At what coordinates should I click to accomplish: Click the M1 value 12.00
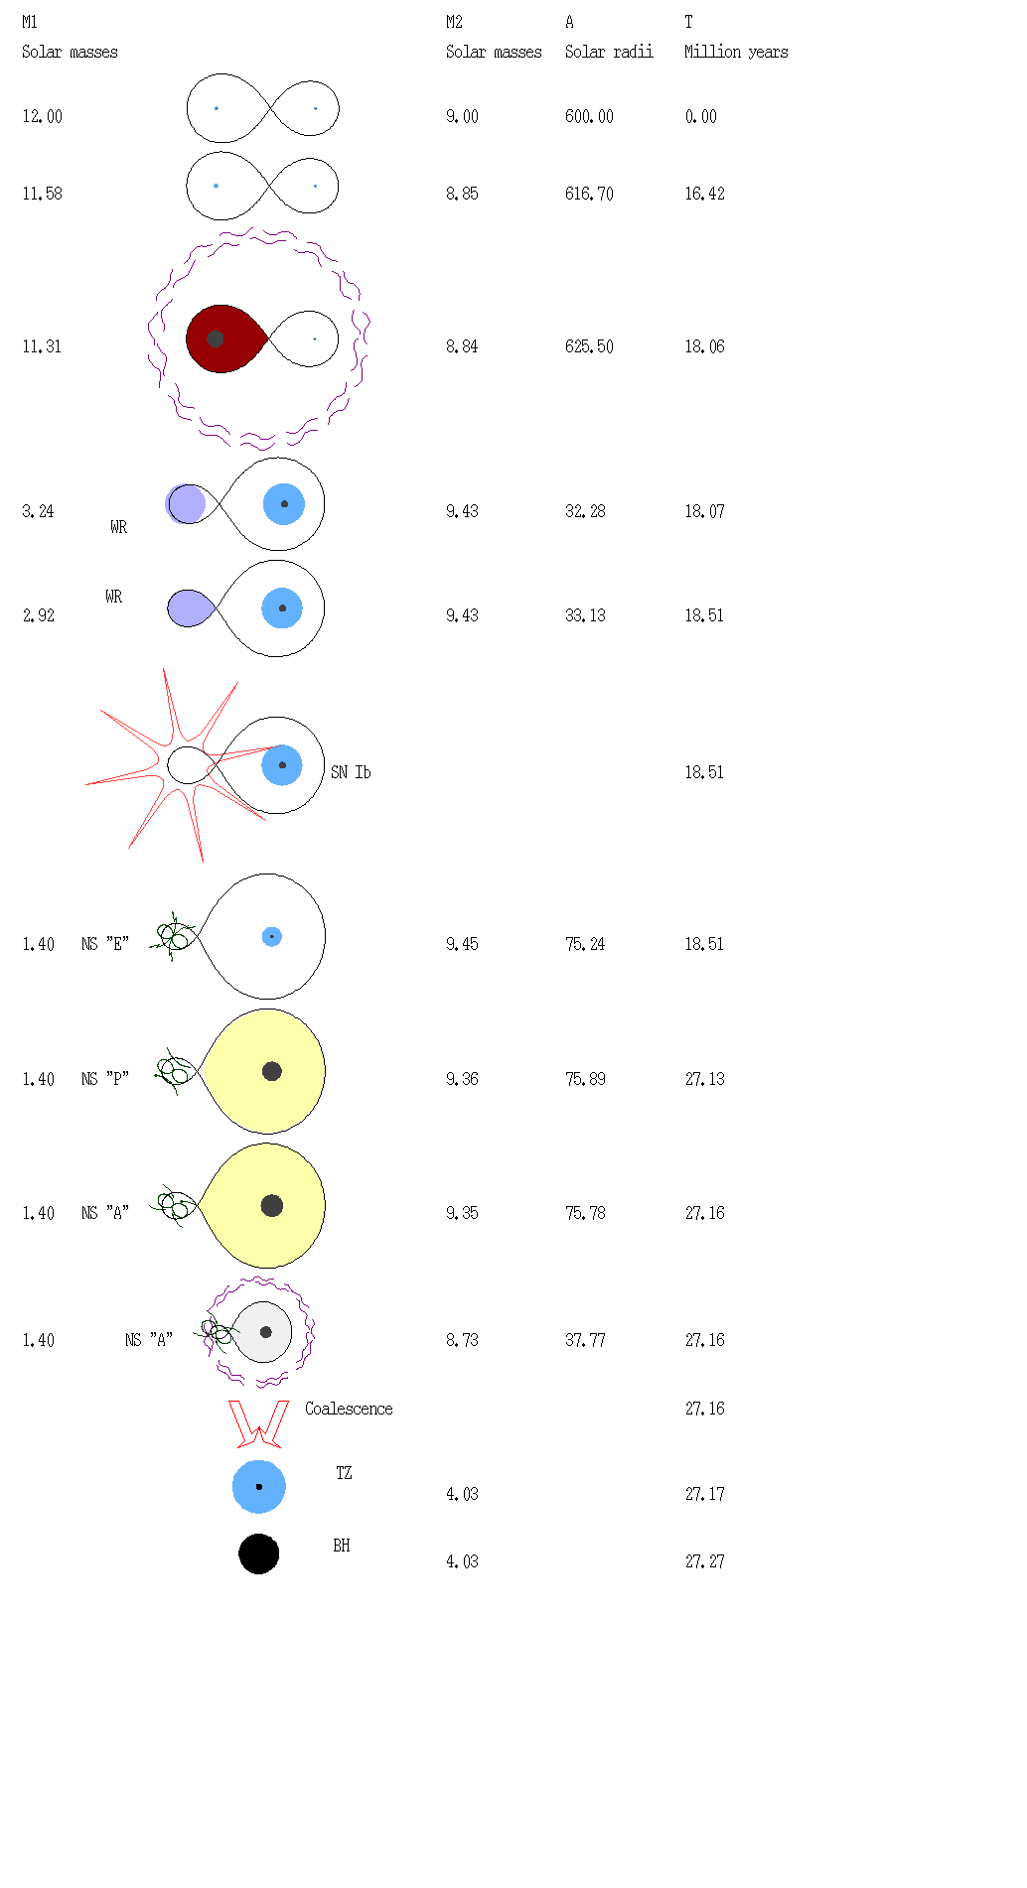[42, 117]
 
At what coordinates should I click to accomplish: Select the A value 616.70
[589, 195]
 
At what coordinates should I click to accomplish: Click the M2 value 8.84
[462, 347]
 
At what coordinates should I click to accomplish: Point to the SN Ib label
[351, 772]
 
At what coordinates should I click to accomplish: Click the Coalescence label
[349, 1410]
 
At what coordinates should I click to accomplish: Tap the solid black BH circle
[258, 1554]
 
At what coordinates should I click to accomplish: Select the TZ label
[344, 1474]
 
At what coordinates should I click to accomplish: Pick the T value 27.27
[704, 1562]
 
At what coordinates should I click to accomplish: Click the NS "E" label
[105, 945]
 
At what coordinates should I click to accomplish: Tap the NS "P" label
[105, 1080]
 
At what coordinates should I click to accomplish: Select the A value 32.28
[585, 512]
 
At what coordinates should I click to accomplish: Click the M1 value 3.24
[38, 512]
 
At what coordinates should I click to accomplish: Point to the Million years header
[736, 53]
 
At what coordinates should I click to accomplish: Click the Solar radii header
[609, 53]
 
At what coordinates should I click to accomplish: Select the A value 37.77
[585, 1341]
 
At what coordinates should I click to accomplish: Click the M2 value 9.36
[462, 1080]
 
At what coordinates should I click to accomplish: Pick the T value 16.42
[704, 195]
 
